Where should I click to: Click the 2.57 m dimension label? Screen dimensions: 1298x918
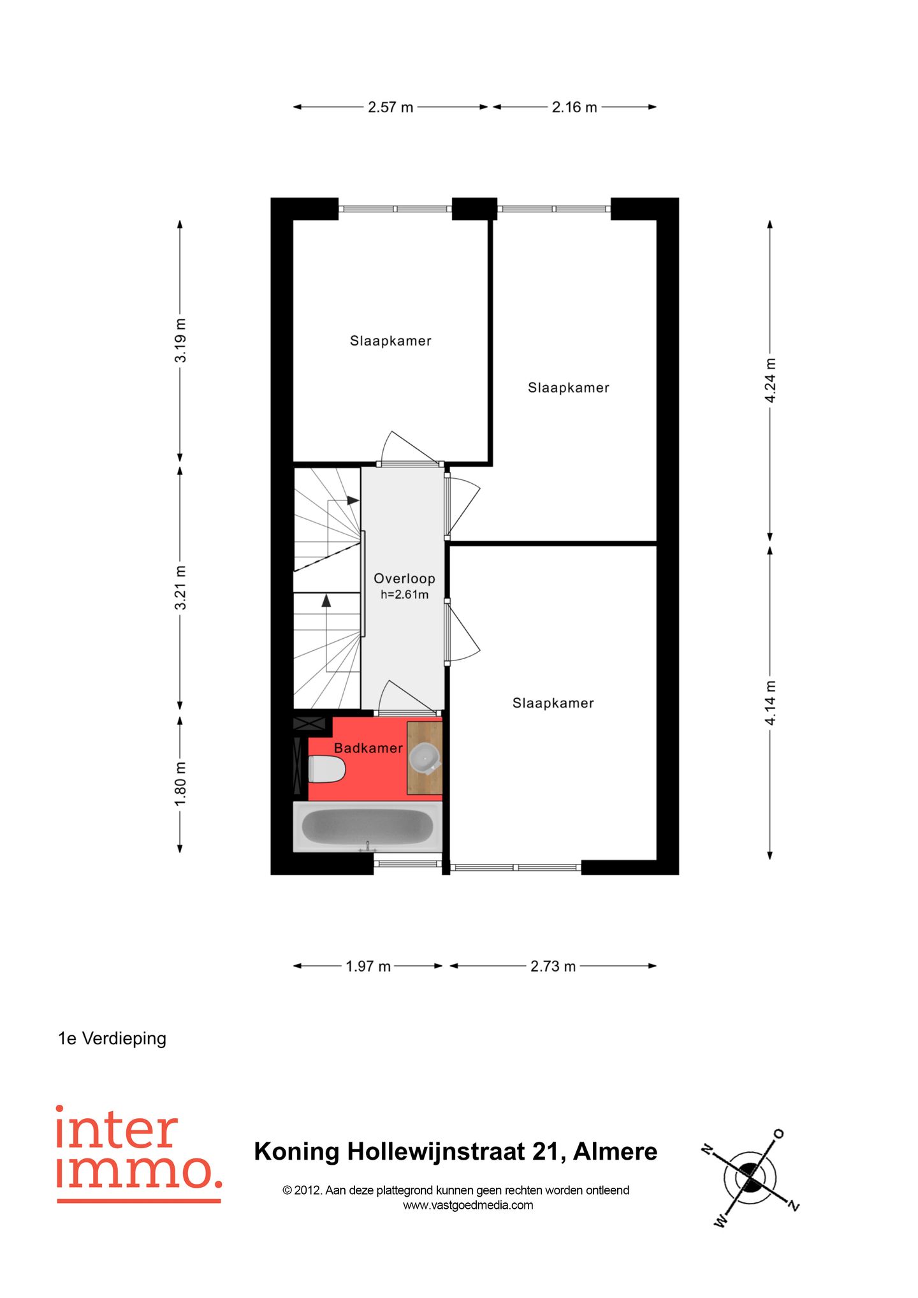pyautogui.click(x=390, y=107)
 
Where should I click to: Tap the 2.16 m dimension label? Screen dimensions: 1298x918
pyautogui.click(x=574, y=107)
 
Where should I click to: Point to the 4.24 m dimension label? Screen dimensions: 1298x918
pyautogui.click(x=770, y=380)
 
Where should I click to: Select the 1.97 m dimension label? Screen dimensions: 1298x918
pyautogui.click(x=368, y=966)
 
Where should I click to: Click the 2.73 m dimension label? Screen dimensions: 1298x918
pyautogui.click(x=553, y=966)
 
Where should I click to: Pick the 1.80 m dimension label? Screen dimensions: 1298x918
pyautogui.click(x=180, y=783)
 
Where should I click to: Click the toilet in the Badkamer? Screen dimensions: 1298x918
pyautogui.click(x=326, y=769)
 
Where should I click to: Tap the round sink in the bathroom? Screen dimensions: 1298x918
pyautogui.click(x=424, y=757)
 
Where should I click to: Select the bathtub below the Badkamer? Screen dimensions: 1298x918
pyautogui.click(x=367, y=827)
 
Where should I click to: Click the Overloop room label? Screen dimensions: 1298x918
pyautogui.click(x=404, y=578)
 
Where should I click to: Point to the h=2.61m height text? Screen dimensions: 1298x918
pyautogui.click(x=404, y=595)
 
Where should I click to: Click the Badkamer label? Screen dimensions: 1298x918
pyautogui.click(x=368, y=748)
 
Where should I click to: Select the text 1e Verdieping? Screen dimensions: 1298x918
pyautogui.click(x=112, y=1039)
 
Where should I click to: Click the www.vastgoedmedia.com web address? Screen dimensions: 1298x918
pyautogui.click(x=468, y=1205)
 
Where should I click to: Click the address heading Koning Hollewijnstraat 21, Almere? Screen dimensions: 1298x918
pyautogui.click(x=455, y=1151)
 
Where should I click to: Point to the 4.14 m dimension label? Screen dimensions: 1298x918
pyautogui.click(x=770, y=703)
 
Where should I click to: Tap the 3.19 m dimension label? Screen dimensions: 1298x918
pyautogui.click(x=180, y=340)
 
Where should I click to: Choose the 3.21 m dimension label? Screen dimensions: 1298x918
pyautogui.click(x=180, y=587)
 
